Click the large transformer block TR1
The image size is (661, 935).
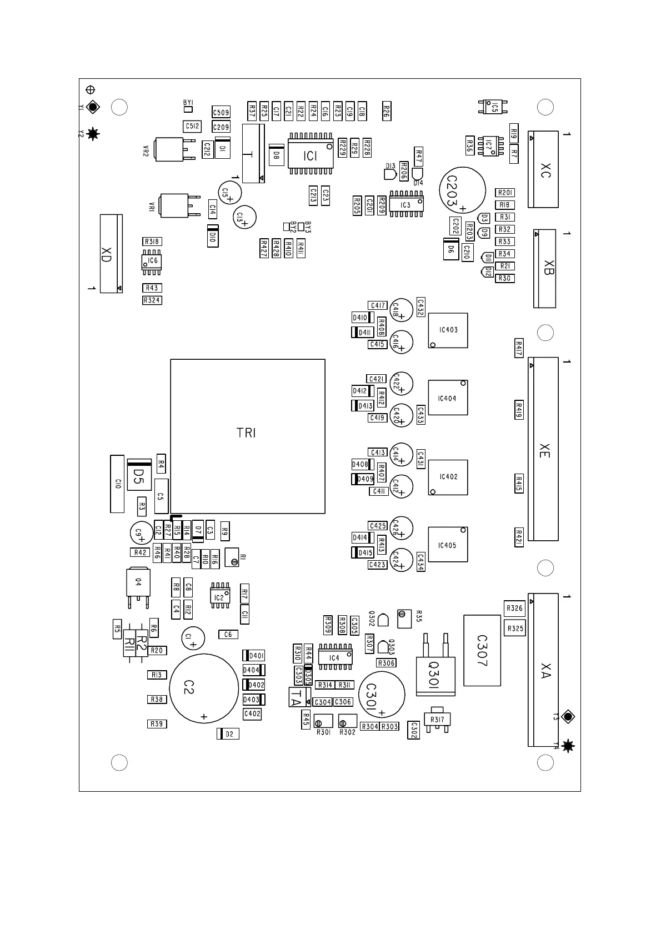[247, 436]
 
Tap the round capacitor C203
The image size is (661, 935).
[462, 190]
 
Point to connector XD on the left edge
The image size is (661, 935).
[111, 254]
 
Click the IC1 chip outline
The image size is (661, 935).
[310, 155]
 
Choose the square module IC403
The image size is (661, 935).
[448, 330]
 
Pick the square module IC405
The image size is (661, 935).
[448, 545]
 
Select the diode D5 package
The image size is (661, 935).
[139, 475]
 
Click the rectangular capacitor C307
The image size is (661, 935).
[482, 650]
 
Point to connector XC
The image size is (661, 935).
[543, 169]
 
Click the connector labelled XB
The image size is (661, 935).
[545, 269]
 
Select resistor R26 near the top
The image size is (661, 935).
[386, 112]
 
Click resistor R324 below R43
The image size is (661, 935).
[152, 300]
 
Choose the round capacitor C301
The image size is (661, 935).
[382, 695]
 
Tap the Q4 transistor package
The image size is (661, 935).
[138, 582]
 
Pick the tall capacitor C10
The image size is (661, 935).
[117, 484]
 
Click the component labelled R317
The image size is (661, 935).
[437, 719]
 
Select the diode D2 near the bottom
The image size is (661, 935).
[228, 734]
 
